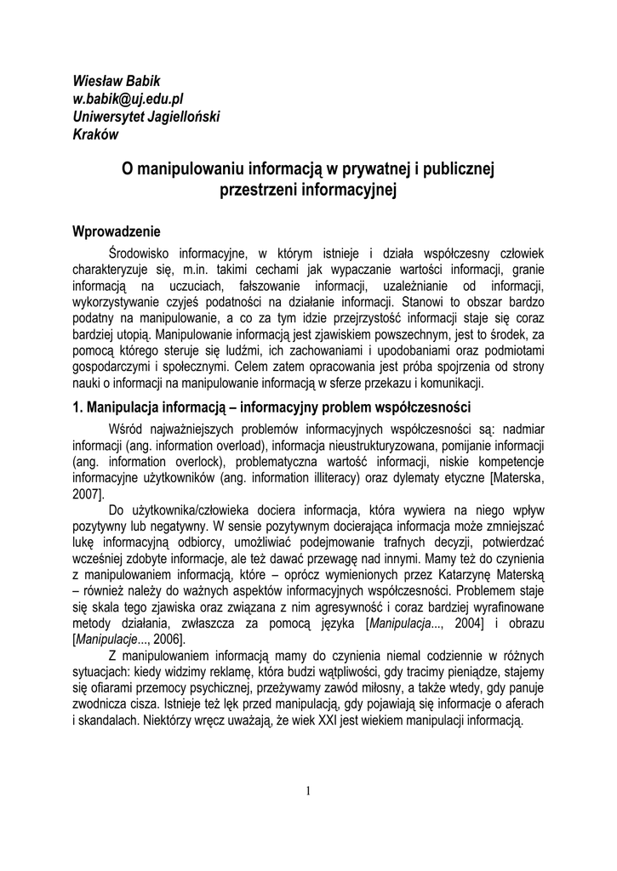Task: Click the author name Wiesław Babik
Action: pos(116,81)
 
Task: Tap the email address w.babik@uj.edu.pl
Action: pos(128,99)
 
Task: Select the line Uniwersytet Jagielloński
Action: pos(146,117)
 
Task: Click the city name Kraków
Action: pos(95,134)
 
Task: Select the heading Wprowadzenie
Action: pos(116,231)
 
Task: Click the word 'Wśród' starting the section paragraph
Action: pos(126,428)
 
